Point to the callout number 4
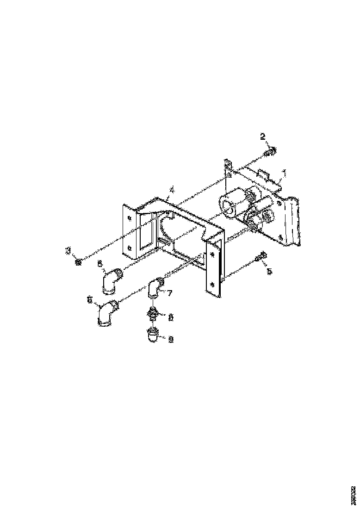(172, 190)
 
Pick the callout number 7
(170, 293)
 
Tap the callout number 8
(170, 317)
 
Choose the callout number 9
(170, 339)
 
